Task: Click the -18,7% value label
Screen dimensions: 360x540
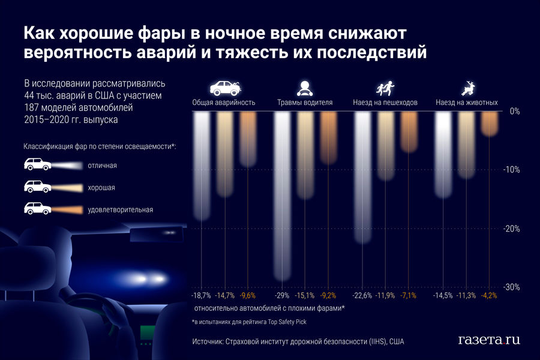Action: coord(201,296)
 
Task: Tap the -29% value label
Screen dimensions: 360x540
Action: coord(282,296)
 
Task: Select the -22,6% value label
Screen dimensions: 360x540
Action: coord(363,296)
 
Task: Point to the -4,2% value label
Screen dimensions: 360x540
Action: coord(490,296)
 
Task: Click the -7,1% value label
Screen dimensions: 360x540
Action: coord(409,296)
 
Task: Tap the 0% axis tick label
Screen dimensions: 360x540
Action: coord(514,112)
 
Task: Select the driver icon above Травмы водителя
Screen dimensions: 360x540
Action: coord(305,88)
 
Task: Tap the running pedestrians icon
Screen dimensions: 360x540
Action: coord(385,89)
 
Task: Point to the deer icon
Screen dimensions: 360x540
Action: coord(467,89)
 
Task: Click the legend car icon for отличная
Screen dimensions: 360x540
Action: coord(37,164)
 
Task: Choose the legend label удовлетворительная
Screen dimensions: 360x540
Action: coord(120,209)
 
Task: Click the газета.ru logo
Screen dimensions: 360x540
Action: coord(488,340)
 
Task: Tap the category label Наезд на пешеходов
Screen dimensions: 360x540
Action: coord(385,103)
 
